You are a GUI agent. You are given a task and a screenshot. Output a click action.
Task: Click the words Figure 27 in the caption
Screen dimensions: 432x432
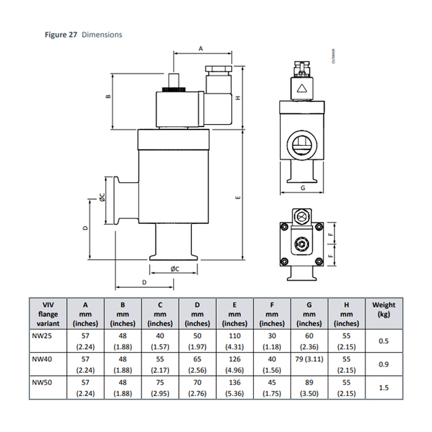pyautogui.click(x=60, y=35)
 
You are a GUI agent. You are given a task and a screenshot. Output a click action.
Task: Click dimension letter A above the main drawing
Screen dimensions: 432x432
pyautogui.click(x=201, y=48)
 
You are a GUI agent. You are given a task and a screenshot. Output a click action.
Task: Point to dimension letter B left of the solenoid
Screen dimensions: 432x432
pyautogui.click(x=107, y=97)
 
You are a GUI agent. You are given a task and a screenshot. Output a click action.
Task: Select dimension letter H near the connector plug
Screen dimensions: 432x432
pyautogui.click(x=237, y=98)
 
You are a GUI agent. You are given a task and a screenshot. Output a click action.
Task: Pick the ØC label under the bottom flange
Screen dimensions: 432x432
pyautogui.click(x=175, y=269)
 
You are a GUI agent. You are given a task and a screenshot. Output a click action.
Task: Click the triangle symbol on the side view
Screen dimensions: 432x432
pyautogui.click(x=302, y=89)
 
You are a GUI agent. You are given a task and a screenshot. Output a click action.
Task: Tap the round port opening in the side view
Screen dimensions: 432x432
pyautogui.click(x=302, y=144)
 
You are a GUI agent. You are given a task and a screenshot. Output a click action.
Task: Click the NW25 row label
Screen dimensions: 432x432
pyautogui.click(x=41, y=336)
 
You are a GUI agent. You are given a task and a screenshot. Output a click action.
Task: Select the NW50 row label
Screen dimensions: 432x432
pyautogui.click(x=41, y=381)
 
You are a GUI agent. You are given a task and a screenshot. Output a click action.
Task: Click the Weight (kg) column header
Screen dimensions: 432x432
pyautogui.click(x=383, y=309)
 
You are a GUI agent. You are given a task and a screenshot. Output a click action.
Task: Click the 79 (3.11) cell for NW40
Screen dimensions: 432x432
pyautogui.click(x=309, y=359)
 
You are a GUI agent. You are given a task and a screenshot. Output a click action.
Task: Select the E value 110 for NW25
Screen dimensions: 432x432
pyautogui.click(x=235, y=336)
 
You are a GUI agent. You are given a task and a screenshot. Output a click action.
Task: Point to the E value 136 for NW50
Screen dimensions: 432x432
pyautogui.click(x=235, y=381)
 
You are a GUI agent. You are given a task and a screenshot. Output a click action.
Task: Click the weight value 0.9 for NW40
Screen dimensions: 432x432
pyautogui.click(x=383, y=364)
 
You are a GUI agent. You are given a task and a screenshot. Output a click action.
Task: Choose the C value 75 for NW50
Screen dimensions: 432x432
pyautogui.click(x=160, y=381)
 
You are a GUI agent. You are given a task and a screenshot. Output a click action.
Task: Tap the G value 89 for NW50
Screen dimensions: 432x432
pyautogui.click(x=309, y=381)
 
